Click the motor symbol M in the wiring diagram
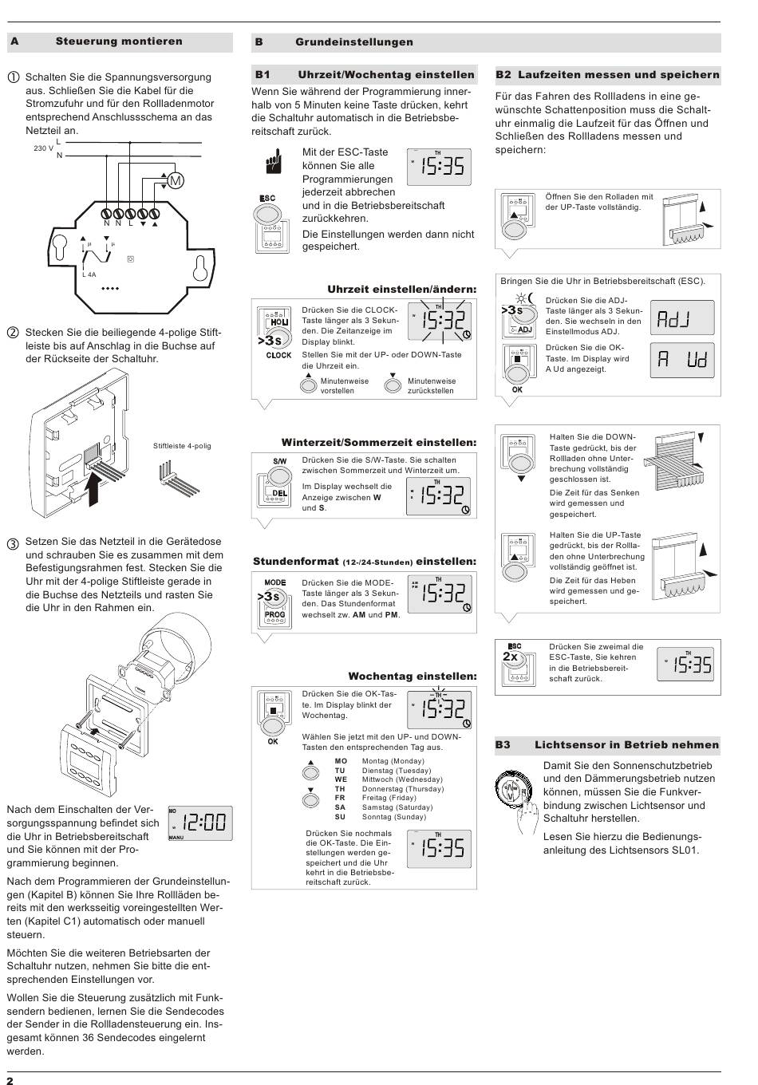click(x=176, y=181)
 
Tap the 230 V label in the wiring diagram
click(x=43, y=148)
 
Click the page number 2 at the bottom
click(x=11, y=1079)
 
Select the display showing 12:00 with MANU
click(x=200, y=823)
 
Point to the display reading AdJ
click(x=682, y=318)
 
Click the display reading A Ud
click(x=682, y=360)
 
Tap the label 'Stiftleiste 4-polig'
click(x=182, y=446)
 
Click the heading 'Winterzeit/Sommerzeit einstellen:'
click(x=378, y=442)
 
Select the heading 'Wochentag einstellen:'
click(x=412, y=676)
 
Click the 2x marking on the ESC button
click(x=510, y=657)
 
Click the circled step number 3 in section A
click(x=13, y=543)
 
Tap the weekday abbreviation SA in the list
click(x=340, y=807)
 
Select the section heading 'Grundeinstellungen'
click(x=354, y=41)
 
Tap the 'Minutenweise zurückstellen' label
click(x=432, y=385)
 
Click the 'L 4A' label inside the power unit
click(x=89, y=274)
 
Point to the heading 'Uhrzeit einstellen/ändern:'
click(x=401, y=289)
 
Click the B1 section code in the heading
click(x=263, y=74)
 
